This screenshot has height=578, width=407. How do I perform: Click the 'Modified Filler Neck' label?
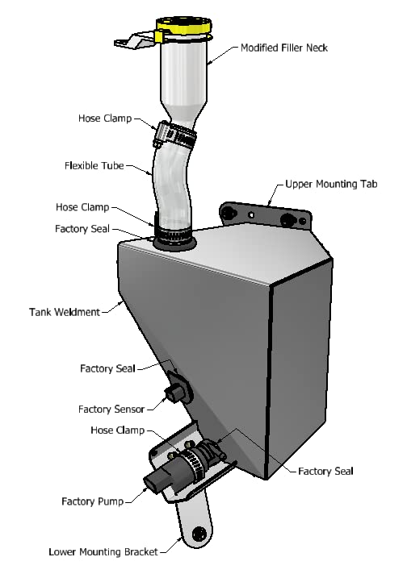284,48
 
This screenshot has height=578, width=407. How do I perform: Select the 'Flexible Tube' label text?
94,165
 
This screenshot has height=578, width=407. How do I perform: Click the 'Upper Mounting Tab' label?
331,184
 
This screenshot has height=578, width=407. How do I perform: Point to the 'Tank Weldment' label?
65,312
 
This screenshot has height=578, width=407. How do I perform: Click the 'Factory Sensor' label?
111,410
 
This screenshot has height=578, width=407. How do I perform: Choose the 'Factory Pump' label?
92,501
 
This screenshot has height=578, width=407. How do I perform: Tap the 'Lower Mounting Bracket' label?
103,552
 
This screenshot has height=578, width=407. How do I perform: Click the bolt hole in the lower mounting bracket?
199,534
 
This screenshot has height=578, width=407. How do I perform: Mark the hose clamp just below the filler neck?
174,135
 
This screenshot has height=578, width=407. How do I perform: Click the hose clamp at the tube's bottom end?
173,232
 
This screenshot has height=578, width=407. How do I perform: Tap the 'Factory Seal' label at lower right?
325,471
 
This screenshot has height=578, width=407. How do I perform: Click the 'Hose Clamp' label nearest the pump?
117,430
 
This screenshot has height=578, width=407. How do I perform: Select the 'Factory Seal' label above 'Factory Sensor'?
107,368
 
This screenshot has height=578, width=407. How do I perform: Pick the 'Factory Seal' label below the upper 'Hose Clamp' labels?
82,229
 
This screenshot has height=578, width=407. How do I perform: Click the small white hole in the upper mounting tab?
251,214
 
